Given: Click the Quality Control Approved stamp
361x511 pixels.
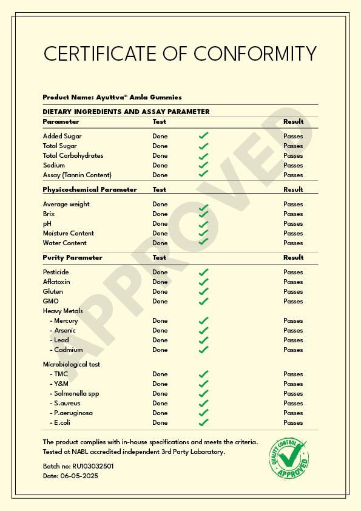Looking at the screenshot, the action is [289, 457].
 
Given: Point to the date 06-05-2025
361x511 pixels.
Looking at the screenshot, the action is [79, 476].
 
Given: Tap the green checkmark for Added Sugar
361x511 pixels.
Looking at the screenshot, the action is [204, 136].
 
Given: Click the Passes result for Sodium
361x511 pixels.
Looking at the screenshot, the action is [293, 165].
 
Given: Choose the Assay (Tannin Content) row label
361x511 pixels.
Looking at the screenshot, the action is [77, 175].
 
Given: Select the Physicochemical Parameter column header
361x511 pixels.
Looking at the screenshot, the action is [90, 189].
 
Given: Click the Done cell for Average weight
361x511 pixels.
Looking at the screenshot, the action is [160, 204].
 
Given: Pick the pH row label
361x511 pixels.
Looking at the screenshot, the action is [47, 223].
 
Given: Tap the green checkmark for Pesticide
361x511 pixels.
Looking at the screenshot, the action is [204, 272].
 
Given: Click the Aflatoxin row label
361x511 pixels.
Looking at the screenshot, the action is [56, 282].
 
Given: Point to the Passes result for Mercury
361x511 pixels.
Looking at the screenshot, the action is [293, 320].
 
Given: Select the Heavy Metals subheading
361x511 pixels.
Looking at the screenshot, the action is [62, 311].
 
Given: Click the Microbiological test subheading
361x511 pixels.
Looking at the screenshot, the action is [71, 364].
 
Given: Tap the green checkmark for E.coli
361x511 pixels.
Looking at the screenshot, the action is [204, 422].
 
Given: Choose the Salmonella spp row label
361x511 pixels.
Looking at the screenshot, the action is [76, 393].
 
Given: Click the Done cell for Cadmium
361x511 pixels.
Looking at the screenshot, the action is [160, 350].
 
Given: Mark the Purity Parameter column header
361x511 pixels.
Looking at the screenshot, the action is [72, 257].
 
